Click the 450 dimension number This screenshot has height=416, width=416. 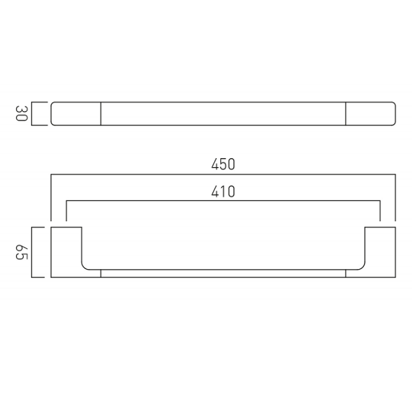(223, 164)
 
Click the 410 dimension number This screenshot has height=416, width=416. (223, 191)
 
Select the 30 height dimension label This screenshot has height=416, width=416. (21, 113)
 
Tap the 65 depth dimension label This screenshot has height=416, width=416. (21, 252)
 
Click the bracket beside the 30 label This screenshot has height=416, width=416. (32, 114)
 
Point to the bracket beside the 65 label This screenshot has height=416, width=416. (32, 252)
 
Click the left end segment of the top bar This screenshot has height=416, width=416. (76, 114)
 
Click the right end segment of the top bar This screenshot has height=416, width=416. (371, 114)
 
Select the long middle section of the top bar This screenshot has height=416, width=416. (223, 114)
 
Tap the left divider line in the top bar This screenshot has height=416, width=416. (101, 114)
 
